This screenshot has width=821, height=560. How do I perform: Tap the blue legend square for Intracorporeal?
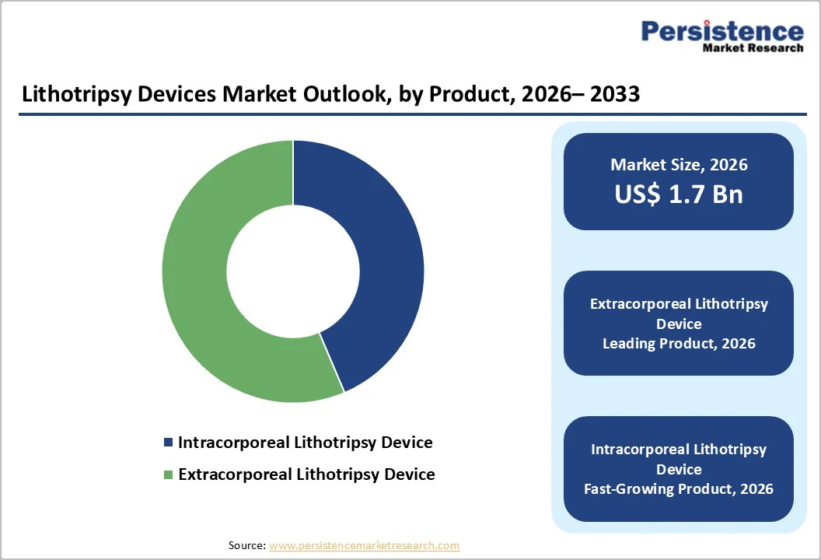coord(168,443)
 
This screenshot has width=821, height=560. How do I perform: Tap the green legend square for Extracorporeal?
coord(168,474)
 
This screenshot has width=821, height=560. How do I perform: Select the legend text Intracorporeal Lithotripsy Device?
coord(305,443)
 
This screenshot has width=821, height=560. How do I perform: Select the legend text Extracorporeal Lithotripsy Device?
coord(306,474)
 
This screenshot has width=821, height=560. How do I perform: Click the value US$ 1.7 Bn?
coord(679,194)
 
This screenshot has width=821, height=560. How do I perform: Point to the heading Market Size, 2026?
coord(679,164)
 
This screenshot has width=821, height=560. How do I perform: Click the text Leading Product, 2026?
coord(679,344)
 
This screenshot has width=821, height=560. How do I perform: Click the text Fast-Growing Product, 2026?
coord(679,489)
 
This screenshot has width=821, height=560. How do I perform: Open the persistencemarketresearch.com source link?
coord(365,546)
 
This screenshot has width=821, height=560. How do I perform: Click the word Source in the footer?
coord(246,546)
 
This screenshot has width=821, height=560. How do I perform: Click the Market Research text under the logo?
coord(753,48)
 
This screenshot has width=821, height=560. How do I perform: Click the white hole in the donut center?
coord(293,271)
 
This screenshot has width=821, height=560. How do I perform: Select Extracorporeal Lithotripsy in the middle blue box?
coord(679,304)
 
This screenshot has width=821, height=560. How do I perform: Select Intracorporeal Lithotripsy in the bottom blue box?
coord(679,450)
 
